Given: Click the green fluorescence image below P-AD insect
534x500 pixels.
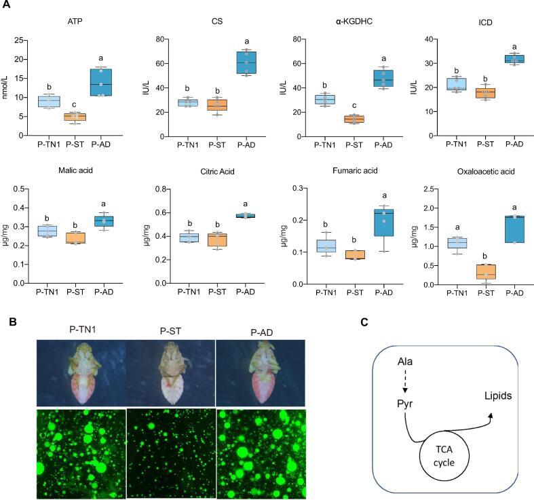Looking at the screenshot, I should tap(260, 445).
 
